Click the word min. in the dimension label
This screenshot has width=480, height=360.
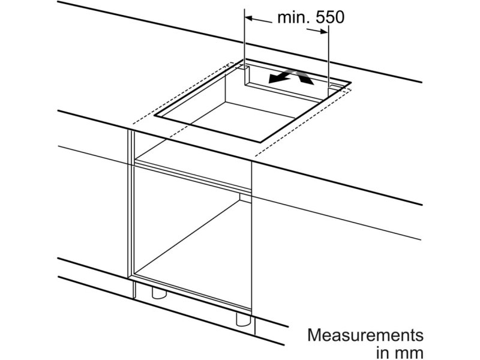[x=293, y=17]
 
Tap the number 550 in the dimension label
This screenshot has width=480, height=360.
[x=329, y=17]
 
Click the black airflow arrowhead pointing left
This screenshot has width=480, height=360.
[x=275, y=79]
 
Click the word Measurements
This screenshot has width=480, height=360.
[x=365, y=335]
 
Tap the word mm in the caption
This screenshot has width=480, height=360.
[x=409, y=353]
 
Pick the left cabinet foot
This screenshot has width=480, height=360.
[x=160, y=293]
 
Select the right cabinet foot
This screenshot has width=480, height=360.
[x=244, y=319]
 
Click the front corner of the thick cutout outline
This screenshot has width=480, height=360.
[x=260, y=142]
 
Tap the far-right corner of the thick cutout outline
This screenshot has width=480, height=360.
[x=350, y=82]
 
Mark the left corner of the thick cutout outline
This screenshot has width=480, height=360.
[x=155, y=116]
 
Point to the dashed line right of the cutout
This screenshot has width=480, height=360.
[x=303, y=122]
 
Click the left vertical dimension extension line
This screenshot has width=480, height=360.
[x=245, y=47]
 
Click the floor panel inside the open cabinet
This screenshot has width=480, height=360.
[x=193, y=251]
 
